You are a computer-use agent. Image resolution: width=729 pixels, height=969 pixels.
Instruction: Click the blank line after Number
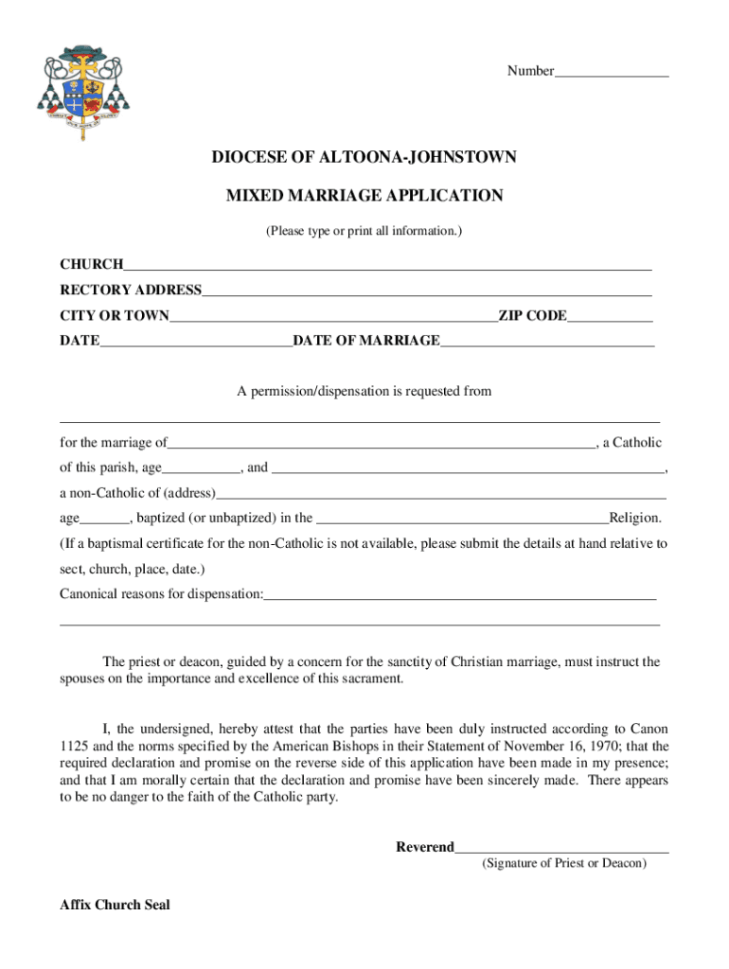point(612,73)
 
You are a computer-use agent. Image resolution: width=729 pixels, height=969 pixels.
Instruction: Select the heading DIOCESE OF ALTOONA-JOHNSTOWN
point(364,157)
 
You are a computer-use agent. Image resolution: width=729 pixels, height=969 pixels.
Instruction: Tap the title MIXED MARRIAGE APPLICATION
point(364,196)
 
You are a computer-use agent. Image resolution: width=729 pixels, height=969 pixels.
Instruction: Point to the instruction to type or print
point(364,230)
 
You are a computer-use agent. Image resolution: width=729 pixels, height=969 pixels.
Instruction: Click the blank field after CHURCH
point(387,266)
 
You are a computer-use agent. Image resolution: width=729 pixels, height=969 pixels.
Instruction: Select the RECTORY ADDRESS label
point(131,290)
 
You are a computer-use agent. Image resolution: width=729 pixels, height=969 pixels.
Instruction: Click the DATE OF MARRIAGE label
point(366,341)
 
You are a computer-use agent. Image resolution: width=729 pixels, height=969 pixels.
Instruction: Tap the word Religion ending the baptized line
point(635,518)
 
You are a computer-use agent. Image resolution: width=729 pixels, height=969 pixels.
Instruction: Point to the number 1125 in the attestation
point(76,746)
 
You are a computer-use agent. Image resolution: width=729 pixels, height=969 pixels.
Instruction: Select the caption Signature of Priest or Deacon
point(564,863)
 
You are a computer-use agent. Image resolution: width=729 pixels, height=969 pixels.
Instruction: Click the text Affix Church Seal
point(115,905)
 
